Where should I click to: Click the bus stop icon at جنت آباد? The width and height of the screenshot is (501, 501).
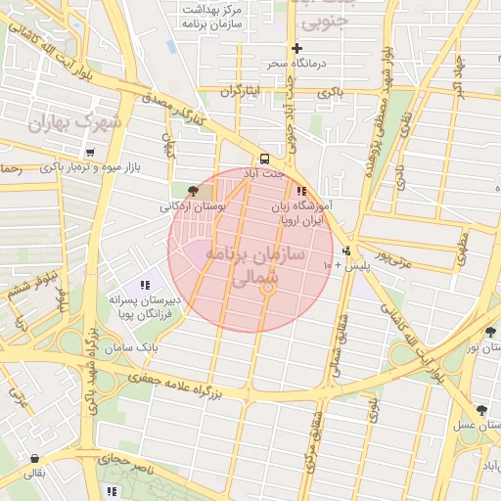[263, 158]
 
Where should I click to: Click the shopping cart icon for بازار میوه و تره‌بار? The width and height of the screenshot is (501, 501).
[90, 153]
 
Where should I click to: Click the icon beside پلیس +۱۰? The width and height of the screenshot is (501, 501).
[346, 250]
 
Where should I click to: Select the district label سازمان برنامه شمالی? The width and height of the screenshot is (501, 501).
[266, 264]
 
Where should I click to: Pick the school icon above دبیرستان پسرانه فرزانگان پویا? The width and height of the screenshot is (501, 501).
[145, 285]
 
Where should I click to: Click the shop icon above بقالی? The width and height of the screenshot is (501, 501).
[36, 458]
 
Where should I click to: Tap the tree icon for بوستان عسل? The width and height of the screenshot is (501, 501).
[480, 410]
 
